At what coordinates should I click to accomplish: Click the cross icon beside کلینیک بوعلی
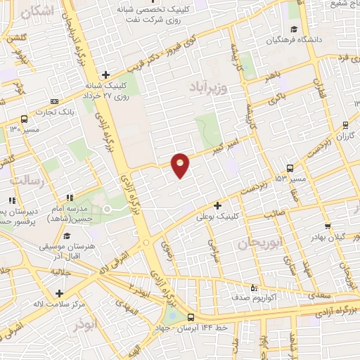click(218, 206)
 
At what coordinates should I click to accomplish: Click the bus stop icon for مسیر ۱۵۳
click(290, 167)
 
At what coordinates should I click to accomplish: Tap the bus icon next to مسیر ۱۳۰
click(25, 119)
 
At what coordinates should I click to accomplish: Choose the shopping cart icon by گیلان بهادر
click(328, 227)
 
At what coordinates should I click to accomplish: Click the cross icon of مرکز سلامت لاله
click(59, 293)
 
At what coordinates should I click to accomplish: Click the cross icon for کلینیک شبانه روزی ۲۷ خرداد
click(105, 74)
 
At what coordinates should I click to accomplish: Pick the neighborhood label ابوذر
click(89, 326)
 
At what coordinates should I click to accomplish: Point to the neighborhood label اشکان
click(37, 12)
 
